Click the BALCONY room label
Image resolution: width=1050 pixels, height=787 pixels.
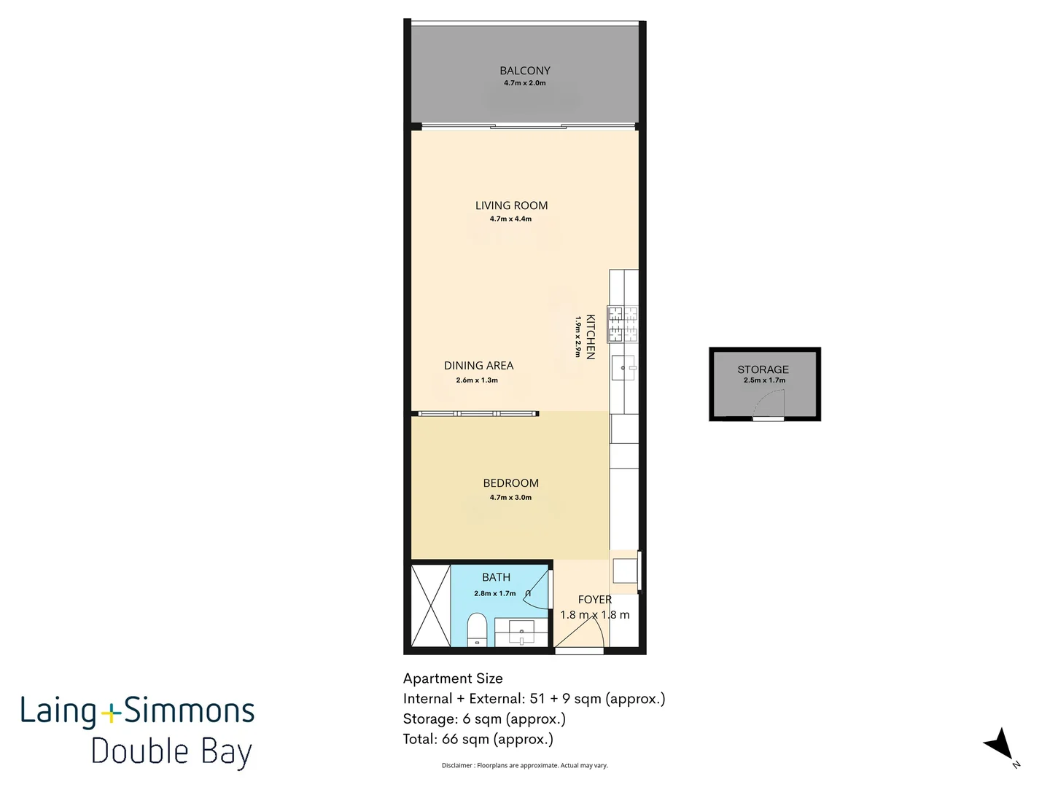coord(525,71)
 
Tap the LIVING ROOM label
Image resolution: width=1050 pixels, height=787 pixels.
coord(511,205)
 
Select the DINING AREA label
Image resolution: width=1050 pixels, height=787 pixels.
coord(478,366)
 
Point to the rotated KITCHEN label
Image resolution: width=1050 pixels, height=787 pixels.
coord(591,337)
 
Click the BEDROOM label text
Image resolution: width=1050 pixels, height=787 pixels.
coord(510,483)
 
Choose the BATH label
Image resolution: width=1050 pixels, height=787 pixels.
coord(496,577)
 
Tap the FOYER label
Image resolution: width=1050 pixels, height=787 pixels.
coord(594,600)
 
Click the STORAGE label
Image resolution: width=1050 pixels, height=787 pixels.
coord(763,369)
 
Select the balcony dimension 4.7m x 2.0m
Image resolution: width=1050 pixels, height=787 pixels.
coord(525,83)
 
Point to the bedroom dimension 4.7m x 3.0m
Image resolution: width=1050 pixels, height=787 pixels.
coord(510,498)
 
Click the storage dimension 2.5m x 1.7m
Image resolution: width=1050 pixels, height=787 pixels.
coord(764,380)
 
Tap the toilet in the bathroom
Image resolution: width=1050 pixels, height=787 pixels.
coord(477,629)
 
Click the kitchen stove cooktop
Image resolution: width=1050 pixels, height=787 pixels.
coord(623,325)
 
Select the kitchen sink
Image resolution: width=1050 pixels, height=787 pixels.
coord(623,368)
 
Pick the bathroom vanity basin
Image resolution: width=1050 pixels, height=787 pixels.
coord(521,632)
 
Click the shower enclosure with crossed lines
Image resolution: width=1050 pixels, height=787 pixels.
coord(430,606)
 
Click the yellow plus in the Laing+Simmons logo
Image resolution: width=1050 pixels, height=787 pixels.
coord(110,713)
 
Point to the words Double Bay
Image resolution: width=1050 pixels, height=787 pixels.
coord(171,752)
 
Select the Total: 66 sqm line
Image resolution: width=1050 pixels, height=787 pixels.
coord(478,739)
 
